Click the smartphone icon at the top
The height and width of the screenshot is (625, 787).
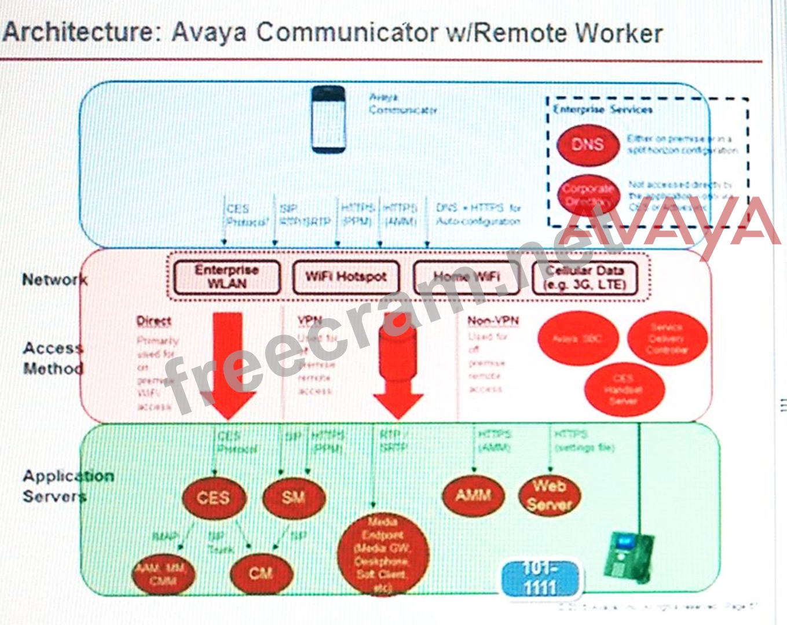328,120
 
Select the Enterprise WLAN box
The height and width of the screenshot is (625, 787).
227,277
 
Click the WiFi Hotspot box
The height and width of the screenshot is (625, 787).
346,277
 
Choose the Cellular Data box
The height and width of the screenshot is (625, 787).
585,277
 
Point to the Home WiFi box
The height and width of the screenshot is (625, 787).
466,277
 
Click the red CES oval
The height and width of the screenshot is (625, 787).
214,498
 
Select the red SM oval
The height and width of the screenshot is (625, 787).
294,497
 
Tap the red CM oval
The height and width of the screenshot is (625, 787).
261,573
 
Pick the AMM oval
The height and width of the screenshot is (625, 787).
473,495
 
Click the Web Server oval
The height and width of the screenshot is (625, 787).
549,495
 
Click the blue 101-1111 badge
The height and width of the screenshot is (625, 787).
540,578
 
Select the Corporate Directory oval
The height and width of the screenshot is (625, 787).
587,195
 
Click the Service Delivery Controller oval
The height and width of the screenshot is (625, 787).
667,339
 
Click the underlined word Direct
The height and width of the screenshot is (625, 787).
153,321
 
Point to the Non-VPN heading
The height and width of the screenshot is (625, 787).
493,321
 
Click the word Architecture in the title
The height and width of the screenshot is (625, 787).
78,31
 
